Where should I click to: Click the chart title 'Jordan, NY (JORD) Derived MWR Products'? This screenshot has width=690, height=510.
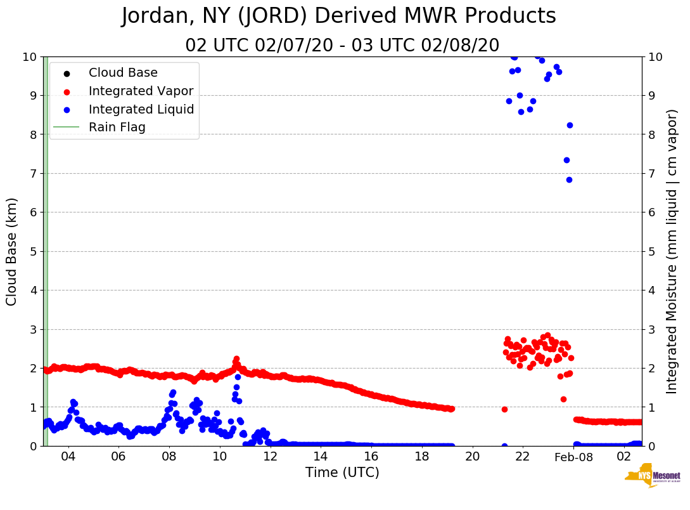coord(338,16)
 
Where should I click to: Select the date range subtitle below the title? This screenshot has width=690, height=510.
coord(342,46)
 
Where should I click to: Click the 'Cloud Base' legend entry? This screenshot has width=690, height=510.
coord(123,73)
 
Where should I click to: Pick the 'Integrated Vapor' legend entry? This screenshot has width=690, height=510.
coord(141,91)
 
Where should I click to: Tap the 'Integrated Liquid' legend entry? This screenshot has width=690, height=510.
coord(141,109)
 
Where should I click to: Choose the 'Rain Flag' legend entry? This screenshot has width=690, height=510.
coord(117,127)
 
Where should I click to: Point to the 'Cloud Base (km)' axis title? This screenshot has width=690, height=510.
coord(12,251)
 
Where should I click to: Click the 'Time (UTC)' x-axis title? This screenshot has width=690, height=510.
coord(342,473)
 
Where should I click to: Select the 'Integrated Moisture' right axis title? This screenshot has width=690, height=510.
coord(672,251)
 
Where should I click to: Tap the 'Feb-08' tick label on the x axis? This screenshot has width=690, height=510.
coord(573,457)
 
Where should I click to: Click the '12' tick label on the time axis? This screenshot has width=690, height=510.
coord(270,457)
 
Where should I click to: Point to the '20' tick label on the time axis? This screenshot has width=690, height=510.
coord(472,457)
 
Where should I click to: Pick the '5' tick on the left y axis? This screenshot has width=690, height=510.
coord(34,251)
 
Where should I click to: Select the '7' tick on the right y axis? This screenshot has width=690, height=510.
coord(653,173)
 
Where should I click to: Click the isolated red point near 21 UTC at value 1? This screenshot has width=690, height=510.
coord(504,409)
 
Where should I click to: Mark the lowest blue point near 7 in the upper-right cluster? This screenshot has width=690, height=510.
coord(569,180)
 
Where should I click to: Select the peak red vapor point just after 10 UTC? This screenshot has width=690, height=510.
coord(236,359)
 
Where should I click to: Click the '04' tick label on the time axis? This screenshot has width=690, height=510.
coord(68,457)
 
